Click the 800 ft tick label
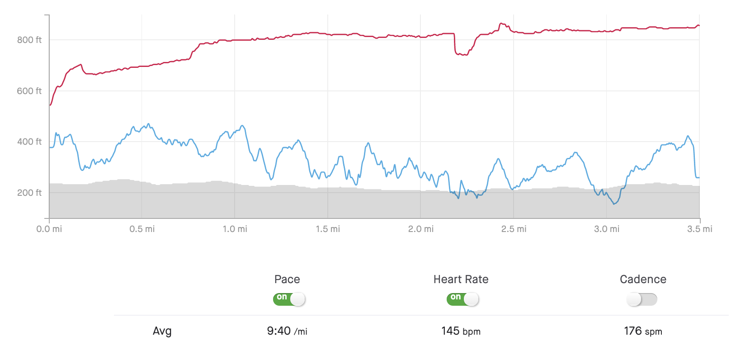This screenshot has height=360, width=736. click(29, 40)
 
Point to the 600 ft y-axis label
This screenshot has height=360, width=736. click(29, 91)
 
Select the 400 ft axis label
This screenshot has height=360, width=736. click(29, 142)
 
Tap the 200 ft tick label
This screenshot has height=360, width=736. click(29, 193)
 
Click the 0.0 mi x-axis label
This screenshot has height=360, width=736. click(49, 229)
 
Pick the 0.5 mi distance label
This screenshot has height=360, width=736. click(142, 229)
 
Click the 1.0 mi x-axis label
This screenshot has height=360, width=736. click(235, 229)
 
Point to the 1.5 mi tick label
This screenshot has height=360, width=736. click(328, 229)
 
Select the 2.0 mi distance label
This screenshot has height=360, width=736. click(421, 229)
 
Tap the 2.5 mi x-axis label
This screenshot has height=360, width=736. click(514, 229)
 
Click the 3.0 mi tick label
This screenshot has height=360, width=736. click(607, 229)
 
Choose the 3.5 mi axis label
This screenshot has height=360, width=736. click(699, 229)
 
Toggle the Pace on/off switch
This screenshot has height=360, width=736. click(289, 299)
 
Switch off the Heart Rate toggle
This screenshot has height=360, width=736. click(462, 299)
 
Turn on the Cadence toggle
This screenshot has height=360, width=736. click(642, 299)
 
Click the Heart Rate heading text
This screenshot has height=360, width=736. click(461, 279)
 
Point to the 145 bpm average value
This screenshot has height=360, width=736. click(461, 331)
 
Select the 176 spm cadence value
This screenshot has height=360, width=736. click(643, 331)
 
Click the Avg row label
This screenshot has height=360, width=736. click(162, 331)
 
